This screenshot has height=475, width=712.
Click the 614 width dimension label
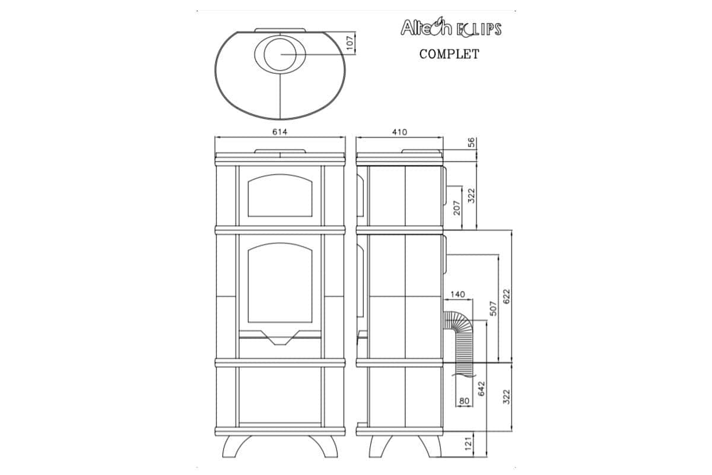[279, 132]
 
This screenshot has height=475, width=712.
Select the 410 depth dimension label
[399, 132]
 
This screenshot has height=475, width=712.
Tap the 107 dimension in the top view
[349, 41]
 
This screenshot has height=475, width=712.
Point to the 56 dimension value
[472, 142]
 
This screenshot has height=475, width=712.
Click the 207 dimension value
[457, 207]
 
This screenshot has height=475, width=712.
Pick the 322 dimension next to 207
[472, 195]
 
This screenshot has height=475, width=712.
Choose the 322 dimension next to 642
[506, 396]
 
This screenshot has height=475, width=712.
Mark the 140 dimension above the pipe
[457, 294]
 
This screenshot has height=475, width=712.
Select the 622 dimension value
[506, 296]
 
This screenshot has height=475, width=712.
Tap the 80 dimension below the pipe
[464, 401]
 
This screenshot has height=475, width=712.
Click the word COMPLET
[449, 54]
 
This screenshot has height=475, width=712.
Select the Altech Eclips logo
[451, 28]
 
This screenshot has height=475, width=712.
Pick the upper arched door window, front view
[279, 195]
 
